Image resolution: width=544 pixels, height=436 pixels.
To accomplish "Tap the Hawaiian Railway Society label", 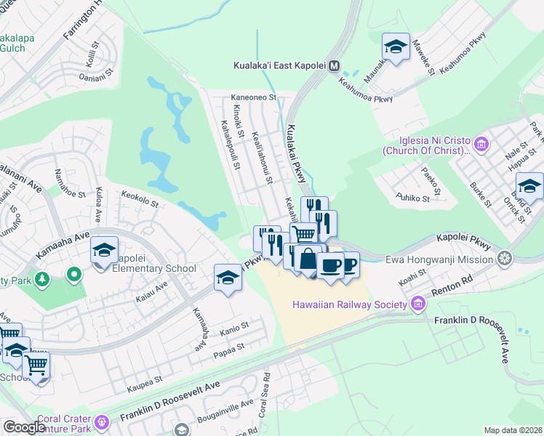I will [x=349, y=304].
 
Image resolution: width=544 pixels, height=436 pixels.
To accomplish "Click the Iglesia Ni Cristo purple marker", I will [x=481, y=140].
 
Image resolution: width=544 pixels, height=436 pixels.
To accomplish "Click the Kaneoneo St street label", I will [x=253, y=97].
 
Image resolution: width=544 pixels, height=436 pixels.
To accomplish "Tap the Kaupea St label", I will [x=145, y=379].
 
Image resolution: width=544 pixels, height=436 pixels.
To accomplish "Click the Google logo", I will [x=24, y=427].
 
